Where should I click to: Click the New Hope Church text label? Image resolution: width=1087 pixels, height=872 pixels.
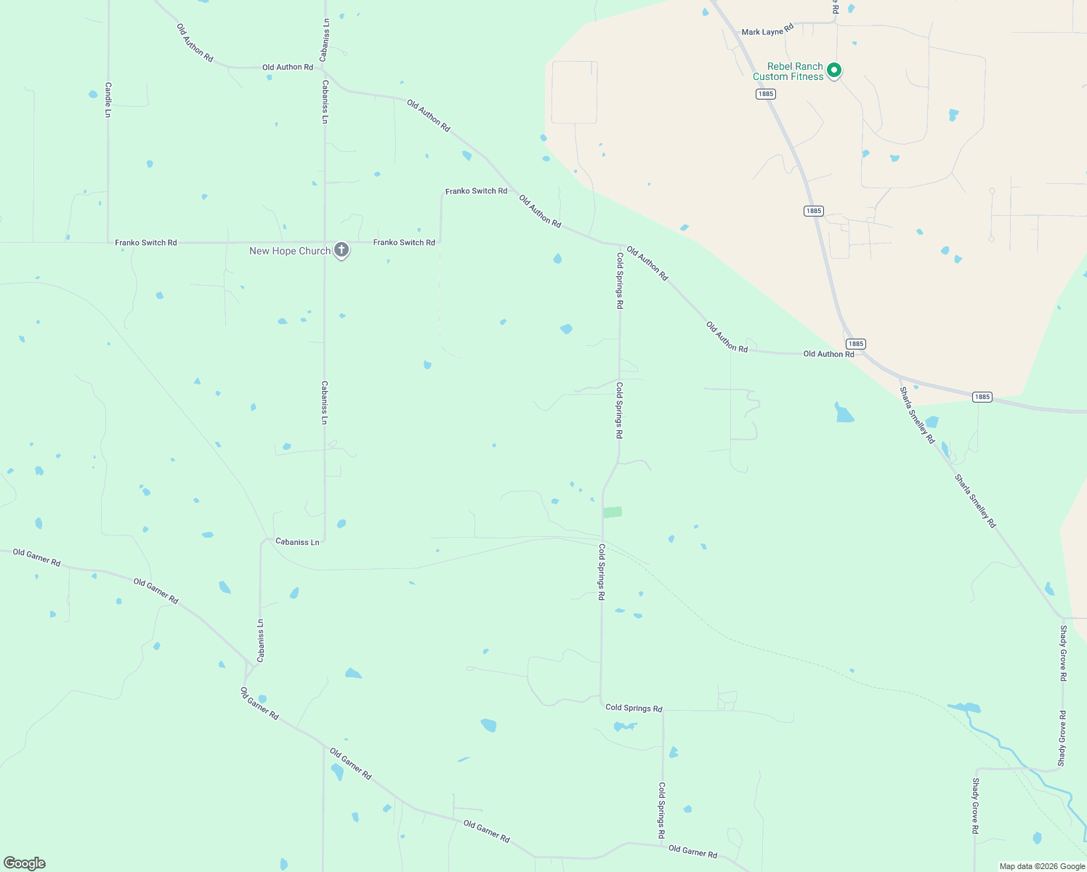click(x=289, y=251)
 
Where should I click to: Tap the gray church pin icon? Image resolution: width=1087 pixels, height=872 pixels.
click(x=342, y=250)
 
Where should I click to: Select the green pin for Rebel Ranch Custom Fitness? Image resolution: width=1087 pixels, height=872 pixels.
click(x=834, y=70)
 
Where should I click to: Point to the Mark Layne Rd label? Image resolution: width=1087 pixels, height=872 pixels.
click(x=767, y=32)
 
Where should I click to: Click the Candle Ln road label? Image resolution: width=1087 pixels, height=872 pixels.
click(x=108, y=100)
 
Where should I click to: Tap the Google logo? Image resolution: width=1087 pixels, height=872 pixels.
click(x=25, y=863)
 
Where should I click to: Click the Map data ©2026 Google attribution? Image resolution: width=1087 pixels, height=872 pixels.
click(x=1042, y=866)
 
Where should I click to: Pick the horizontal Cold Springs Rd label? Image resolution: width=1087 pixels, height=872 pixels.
click(x=634, y=708)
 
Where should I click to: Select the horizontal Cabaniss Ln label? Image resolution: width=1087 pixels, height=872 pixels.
click(x=297, y=542)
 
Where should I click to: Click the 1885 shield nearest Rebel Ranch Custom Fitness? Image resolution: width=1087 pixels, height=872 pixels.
click(x=765, y=94)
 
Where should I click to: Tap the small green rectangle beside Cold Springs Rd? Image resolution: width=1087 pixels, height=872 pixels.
click(x=613, y=512)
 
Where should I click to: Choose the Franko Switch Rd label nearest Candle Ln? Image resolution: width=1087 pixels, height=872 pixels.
click(x=145, y=243)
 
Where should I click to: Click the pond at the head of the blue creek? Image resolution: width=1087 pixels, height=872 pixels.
click(x=964, y=707)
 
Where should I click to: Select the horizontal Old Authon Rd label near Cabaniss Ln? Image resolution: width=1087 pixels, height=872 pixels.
click(x=287, y=68)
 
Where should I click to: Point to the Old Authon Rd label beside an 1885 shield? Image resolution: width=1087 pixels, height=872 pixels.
click(x=828, y=354)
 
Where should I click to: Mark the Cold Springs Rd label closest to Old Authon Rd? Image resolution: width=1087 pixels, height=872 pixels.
click(x=620, y=280)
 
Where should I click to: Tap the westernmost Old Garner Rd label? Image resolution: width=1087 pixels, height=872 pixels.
click(x=36, y=557)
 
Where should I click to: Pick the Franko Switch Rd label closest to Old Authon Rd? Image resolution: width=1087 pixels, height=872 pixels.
click(x=476, y=191)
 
